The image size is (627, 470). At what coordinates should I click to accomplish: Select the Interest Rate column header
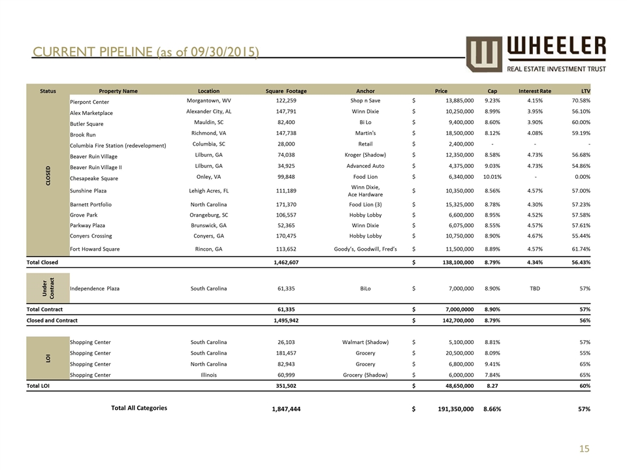point(535,91)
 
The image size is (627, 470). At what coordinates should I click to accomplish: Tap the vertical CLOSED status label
point(48,175)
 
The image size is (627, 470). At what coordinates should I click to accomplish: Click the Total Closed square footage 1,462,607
point(286,262)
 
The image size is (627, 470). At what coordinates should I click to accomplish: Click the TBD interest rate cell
point(535,287)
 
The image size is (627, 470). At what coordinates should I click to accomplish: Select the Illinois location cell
point(208,375)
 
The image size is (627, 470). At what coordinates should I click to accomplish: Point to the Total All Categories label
point(139,408)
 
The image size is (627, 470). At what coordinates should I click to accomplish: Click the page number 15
point(584,448)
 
